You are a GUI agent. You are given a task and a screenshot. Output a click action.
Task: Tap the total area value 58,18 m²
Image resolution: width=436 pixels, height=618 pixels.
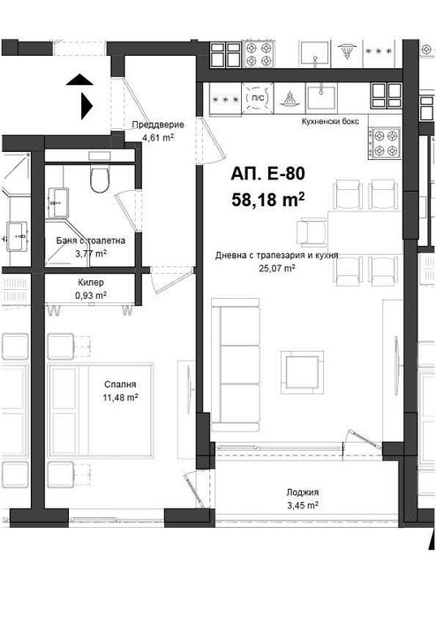click(267, 200)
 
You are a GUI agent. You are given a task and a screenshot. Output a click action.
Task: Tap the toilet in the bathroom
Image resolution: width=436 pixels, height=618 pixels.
click(100, 179)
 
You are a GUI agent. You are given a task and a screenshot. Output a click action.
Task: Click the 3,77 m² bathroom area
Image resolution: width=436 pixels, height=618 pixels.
click(89, 254)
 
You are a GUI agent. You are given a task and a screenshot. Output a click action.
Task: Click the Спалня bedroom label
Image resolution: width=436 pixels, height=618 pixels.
click(120, 385)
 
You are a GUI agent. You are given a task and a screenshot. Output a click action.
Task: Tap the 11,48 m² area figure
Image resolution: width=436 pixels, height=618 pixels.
click(120, 398)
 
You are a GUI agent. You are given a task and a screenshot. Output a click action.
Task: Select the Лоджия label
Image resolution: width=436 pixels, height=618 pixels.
click(303, 492)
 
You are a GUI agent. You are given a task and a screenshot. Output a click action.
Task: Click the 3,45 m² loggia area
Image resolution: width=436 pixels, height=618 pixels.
click(303, 505)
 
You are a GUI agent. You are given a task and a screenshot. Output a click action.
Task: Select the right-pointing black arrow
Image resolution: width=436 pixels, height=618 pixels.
click(86, 105)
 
